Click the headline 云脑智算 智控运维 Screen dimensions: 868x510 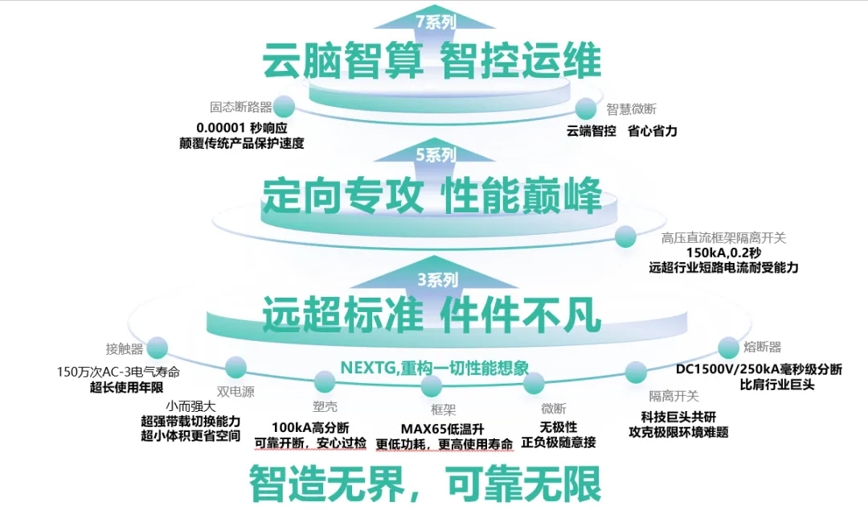432,61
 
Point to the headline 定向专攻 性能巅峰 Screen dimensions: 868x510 432,195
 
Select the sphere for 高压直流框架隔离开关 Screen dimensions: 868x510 625,236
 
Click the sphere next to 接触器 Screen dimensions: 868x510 157,348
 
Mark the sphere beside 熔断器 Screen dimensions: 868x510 728,348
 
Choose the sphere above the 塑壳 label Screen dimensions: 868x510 324,382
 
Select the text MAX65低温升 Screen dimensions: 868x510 441,428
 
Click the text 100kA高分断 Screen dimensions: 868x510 310,427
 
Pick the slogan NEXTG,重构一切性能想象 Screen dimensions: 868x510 435,368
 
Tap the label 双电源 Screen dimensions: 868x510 235,393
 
